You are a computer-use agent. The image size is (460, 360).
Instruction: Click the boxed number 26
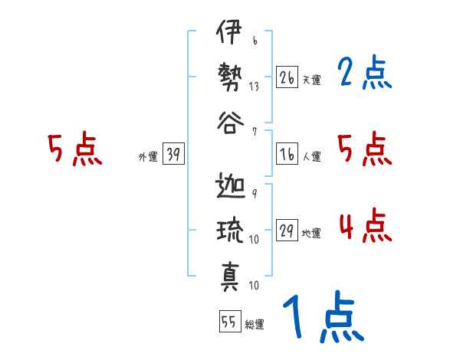[x=287, y=77]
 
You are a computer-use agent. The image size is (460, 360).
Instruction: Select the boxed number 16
[x=287, y=155]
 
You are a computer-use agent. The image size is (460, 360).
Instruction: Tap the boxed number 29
[x=287, y=232]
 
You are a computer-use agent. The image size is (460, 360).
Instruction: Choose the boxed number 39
[x=173, y=155]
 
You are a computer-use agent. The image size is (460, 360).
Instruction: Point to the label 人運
[x=311, y=157]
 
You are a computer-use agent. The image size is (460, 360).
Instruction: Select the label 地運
[x=311, y=234]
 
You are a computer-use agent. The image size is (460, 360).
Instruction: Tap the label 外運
[x=148, y=157]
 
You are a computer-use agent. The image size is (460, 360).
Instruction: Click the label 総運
[x=255, y=324]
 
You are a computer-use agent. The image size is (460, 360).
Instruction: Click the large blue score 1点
[x=322, y=318]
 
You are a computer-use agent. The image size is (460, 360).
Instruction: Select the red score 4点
[x=365, y=226]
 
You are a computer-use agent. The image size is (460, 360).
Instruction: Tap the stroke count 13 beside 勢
[x=253, y=86]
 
